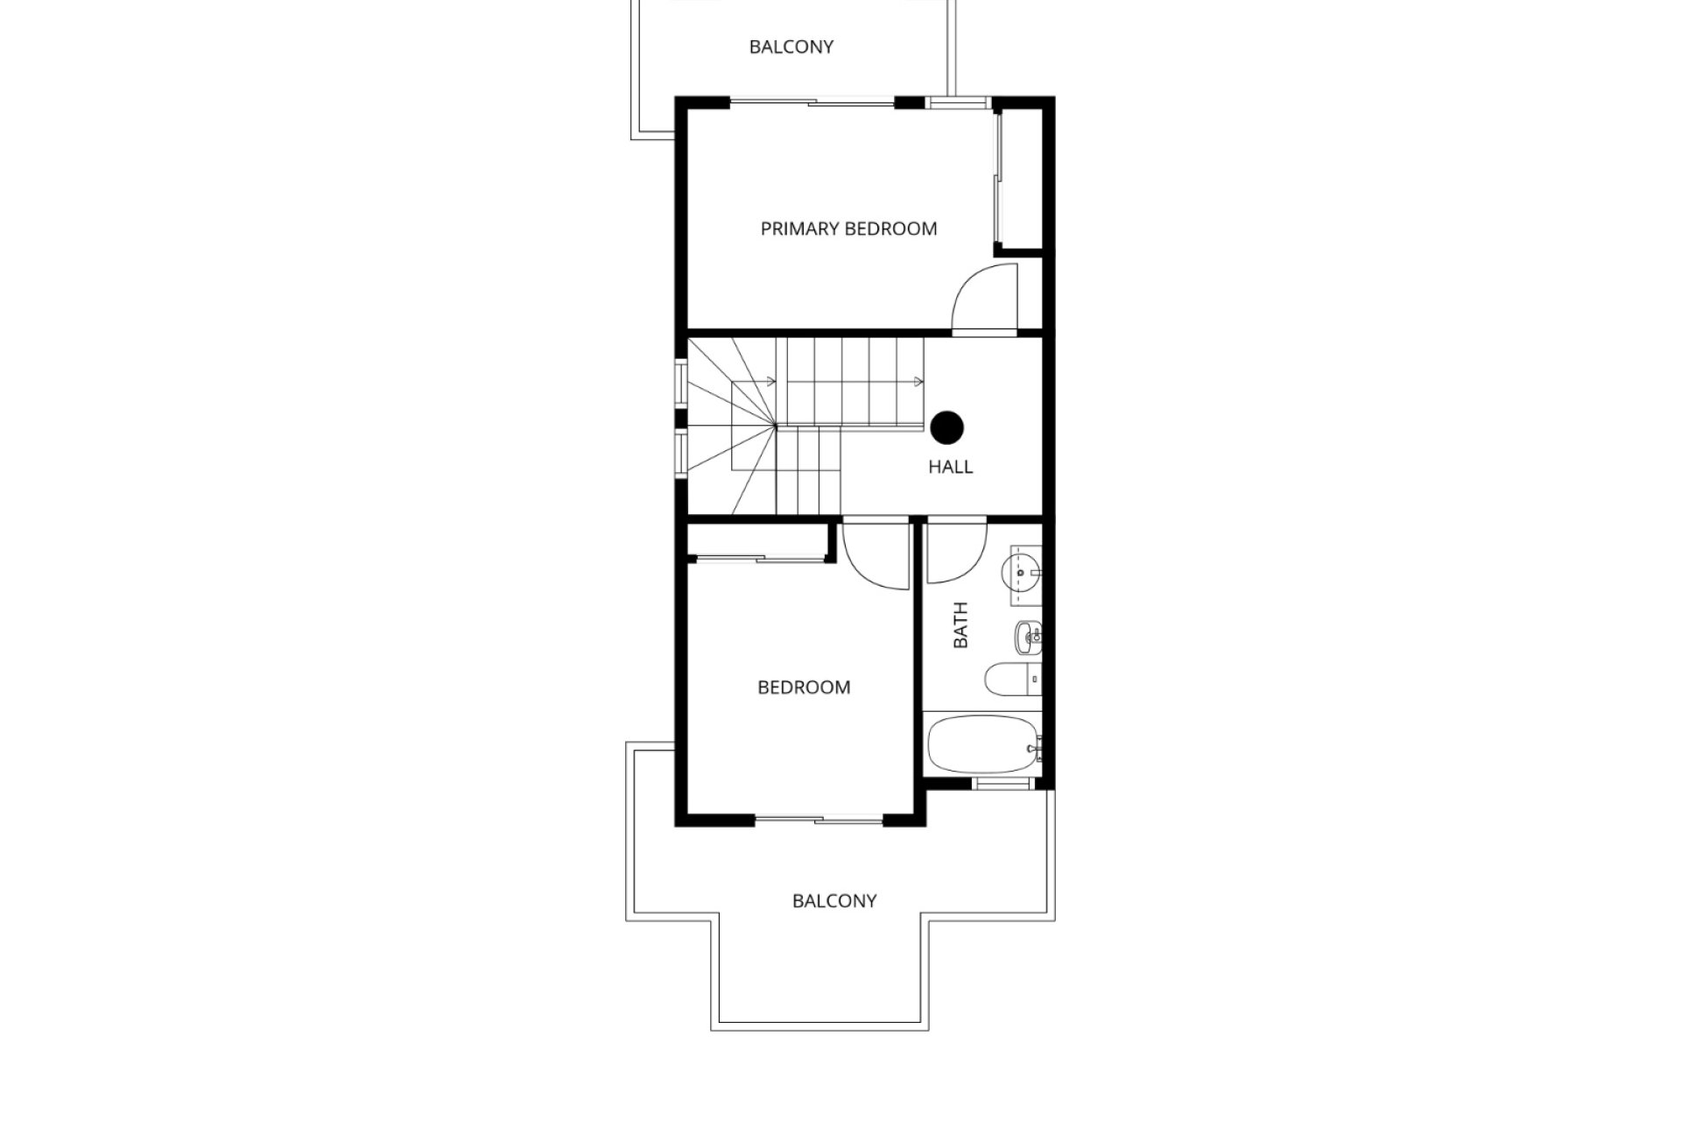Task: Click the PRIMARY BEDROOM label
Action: click(x=848, y=229)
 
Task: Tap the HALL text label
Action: click(x=950, y=467)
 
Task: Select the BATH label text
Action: click(x=960, y=624)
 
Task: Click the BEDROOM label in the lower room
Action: click(x=804, y=687)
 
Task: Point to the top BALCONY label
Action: click(x=791, y=46)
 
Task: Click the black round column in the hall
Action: click(x=946, y=428)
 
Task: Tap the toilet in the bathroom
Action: click(x=1012, y=679)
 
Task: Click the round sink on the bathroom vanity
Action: click(x=1023, y=575)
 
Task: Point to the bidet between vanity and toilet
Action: click(x=1027, y=637)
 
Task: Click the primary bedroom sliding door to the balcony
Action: click(x=812, y=103)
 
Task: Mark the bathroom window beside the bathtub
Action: click(x=1003, y=784)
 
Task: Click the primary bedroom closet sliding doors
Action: click(x=997, y=179)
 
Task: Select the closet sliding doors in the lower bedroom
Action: click(x=757, y=557)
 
